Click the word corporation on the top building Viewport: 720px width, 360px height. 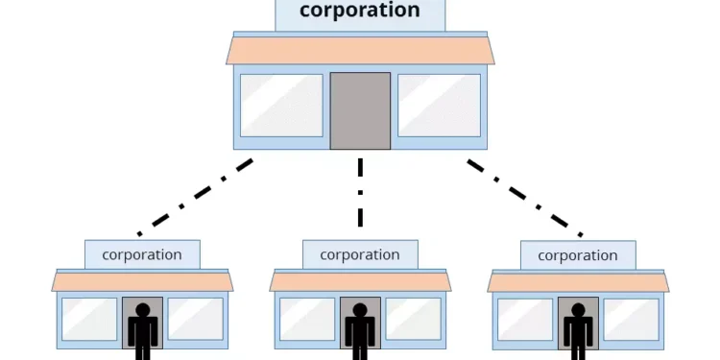(360, 12)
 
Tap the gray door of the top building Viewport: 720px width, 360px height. (360, 110)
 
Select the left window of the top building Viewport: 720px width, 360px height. (281, 105)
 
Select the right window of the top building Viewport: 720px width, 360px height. (439, 105)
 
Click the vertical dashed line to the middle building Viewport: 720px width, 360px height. (360, 192)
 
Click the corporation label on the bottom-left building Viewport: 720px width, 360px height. (142, 255)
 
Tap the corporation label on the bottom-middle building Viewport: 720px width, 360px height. (360, 255)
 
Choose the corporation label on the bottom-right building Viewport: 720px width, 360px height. (578, 255)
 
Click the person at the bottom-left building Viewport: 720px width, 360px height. (143, 331)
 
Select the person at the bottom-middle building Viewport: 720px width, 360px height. (361, 331)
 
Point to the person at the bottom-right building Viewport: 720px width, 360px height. (578, 331)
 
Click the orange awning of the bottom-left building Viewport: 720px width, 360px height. (143, 281)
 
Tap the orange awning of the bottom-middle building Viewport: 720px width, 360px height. (361, 281)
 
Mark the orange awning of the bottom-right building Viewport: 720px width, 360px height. (578, 281)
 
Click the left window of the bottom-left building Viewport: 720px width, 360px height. (89, 319)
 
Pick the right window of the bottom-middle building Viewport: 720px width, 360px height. (413, 319)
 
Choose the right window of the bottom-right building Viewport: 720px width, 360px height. (631, 319)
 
